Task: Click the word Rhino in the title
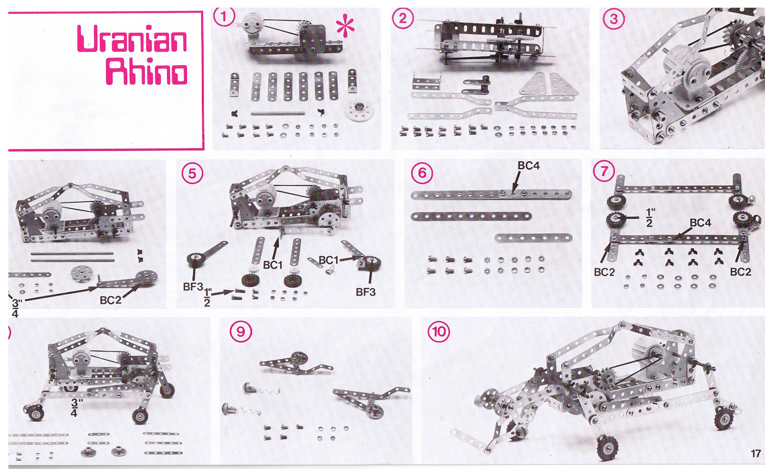click(x=146, y=72)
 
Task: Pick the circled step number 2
click(x=403, y=18)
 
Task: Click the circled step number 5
click(x=192, y=174)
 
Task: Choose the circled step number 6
click(x=422, y=173)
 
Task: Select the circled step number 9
click(x=241, y=332)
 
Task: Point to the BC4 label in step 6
click(x=529, y=166)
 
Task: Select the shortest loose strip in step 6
click(x=533, y=238)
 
